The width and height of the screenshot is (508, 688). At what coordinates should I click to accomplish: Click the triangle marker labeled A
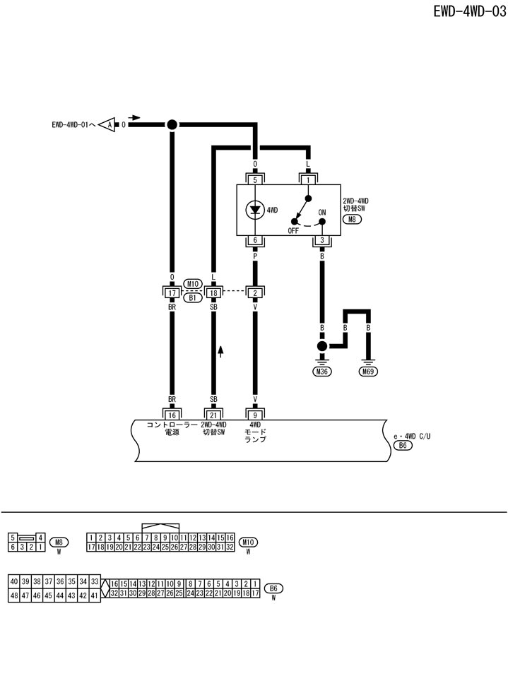[106, 125]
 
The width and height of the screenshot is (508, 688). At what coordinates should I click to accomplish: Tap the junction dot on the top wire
[172, 124]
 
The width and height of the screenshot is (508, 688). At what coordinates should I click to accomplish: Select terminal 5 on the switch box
[255, 180]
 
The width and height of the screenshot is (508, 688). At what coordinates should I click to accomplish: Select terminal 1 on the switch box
[308, 180]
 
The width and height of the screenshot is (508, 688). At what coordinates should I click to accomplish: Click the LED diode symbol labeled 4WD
[255, 210]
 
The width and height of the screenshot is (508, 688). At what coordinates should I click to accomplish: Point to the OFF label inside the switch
[294, 230]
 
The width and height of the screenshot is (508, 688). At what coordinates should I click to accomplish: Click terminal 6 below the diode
[255, 240]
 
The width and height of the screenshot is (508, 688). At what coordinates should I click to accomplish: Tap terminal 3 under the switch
[322, 240]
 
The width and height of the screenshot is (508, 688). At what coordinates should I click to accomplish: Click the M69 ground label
[367, 372]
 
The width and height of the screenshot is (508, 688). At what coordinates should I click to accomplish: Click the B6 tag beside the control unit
[403, 446]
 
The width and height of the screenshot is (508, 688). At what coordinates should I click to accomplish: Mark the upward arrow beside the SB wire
[220, 350]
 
